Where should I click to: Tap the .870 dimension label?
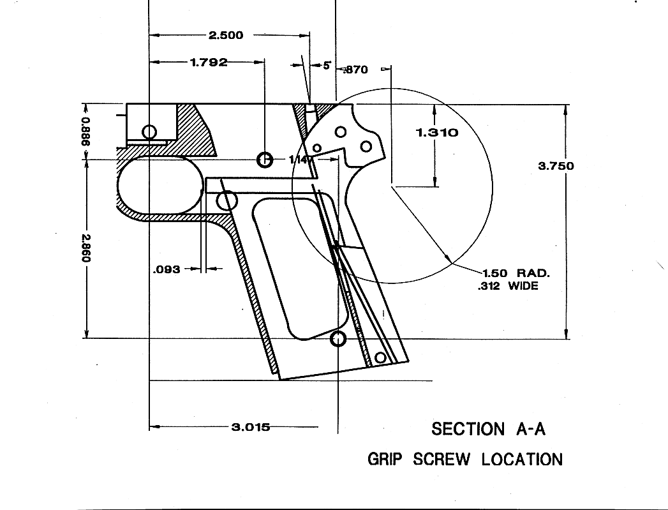point(356,70)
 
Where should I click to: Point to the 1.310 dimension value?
point(436,133)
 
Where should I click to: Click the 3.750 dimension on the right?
point(556,166)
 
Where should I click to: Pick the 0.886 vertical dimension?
point(85,131)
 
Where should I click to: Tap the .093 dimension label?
point(167,269)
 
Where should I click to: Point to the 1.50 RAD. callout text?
point(516,273)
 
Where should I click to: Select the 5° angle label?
point(327,66)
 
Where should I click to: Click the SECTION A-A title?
point(488,429)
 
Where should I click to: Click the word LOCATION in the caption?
point(522,459)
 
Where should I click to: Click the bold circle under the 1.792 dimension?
point(264,160)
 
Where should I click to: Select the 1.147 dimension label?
point(299,160)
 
